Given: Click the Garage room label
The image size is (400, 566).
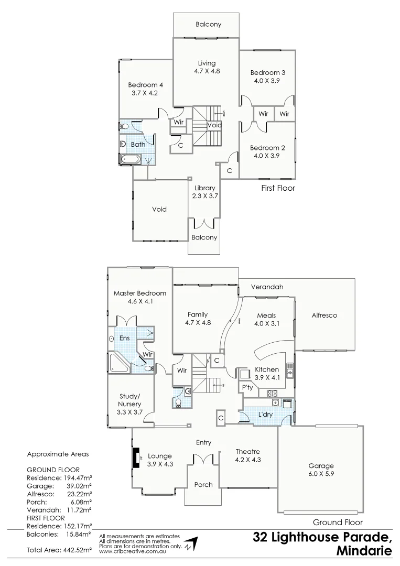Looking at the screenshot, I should click(321, 465).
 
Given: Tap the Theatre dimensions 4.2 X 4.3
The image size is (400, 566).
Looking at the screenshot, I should click(248, 460).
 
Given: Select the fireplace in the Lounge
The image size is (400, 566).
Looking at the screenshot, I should click(136, 457).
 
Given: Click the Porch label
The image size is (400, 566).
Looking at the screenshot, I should click(203, 485).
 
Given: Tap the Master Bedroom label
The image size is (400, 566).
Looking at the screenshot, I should click(139, 293).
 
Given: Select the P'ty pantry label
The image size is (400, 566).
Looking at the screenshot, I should click(247, 387).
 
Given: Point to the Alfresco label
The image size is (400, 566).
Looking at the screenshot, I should click(324, 315).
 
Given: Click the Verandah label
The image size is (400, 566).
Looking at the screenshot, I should click(267, 287).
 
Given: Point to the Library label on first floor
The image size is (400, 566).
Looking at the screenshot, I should click(204, 188).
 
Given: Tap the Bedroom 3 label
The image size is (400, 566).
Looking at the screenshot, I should click(267, 72).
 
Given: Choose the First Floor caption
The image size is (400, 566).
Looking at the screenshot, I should click(278, 188).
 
